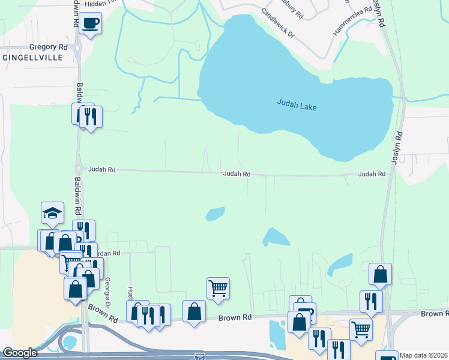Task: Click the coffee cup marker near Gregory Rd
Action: [90, 23]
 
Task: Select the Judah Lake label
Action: [297, 104]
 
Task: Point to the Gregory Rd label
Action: [49, 46]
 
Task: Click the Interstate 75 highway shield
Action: [200, 356]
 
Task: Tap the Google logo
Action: [20, 353]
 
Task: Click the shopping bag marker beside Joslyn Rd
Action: [380, 274]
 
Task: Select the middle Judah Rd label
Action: [237, 174]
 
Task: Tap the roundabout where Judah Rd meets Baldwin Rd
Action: [78, 169]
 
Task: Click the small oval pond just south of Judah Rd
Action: [215, 214]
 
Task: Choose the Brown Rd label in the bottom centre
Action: [234, 317]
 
